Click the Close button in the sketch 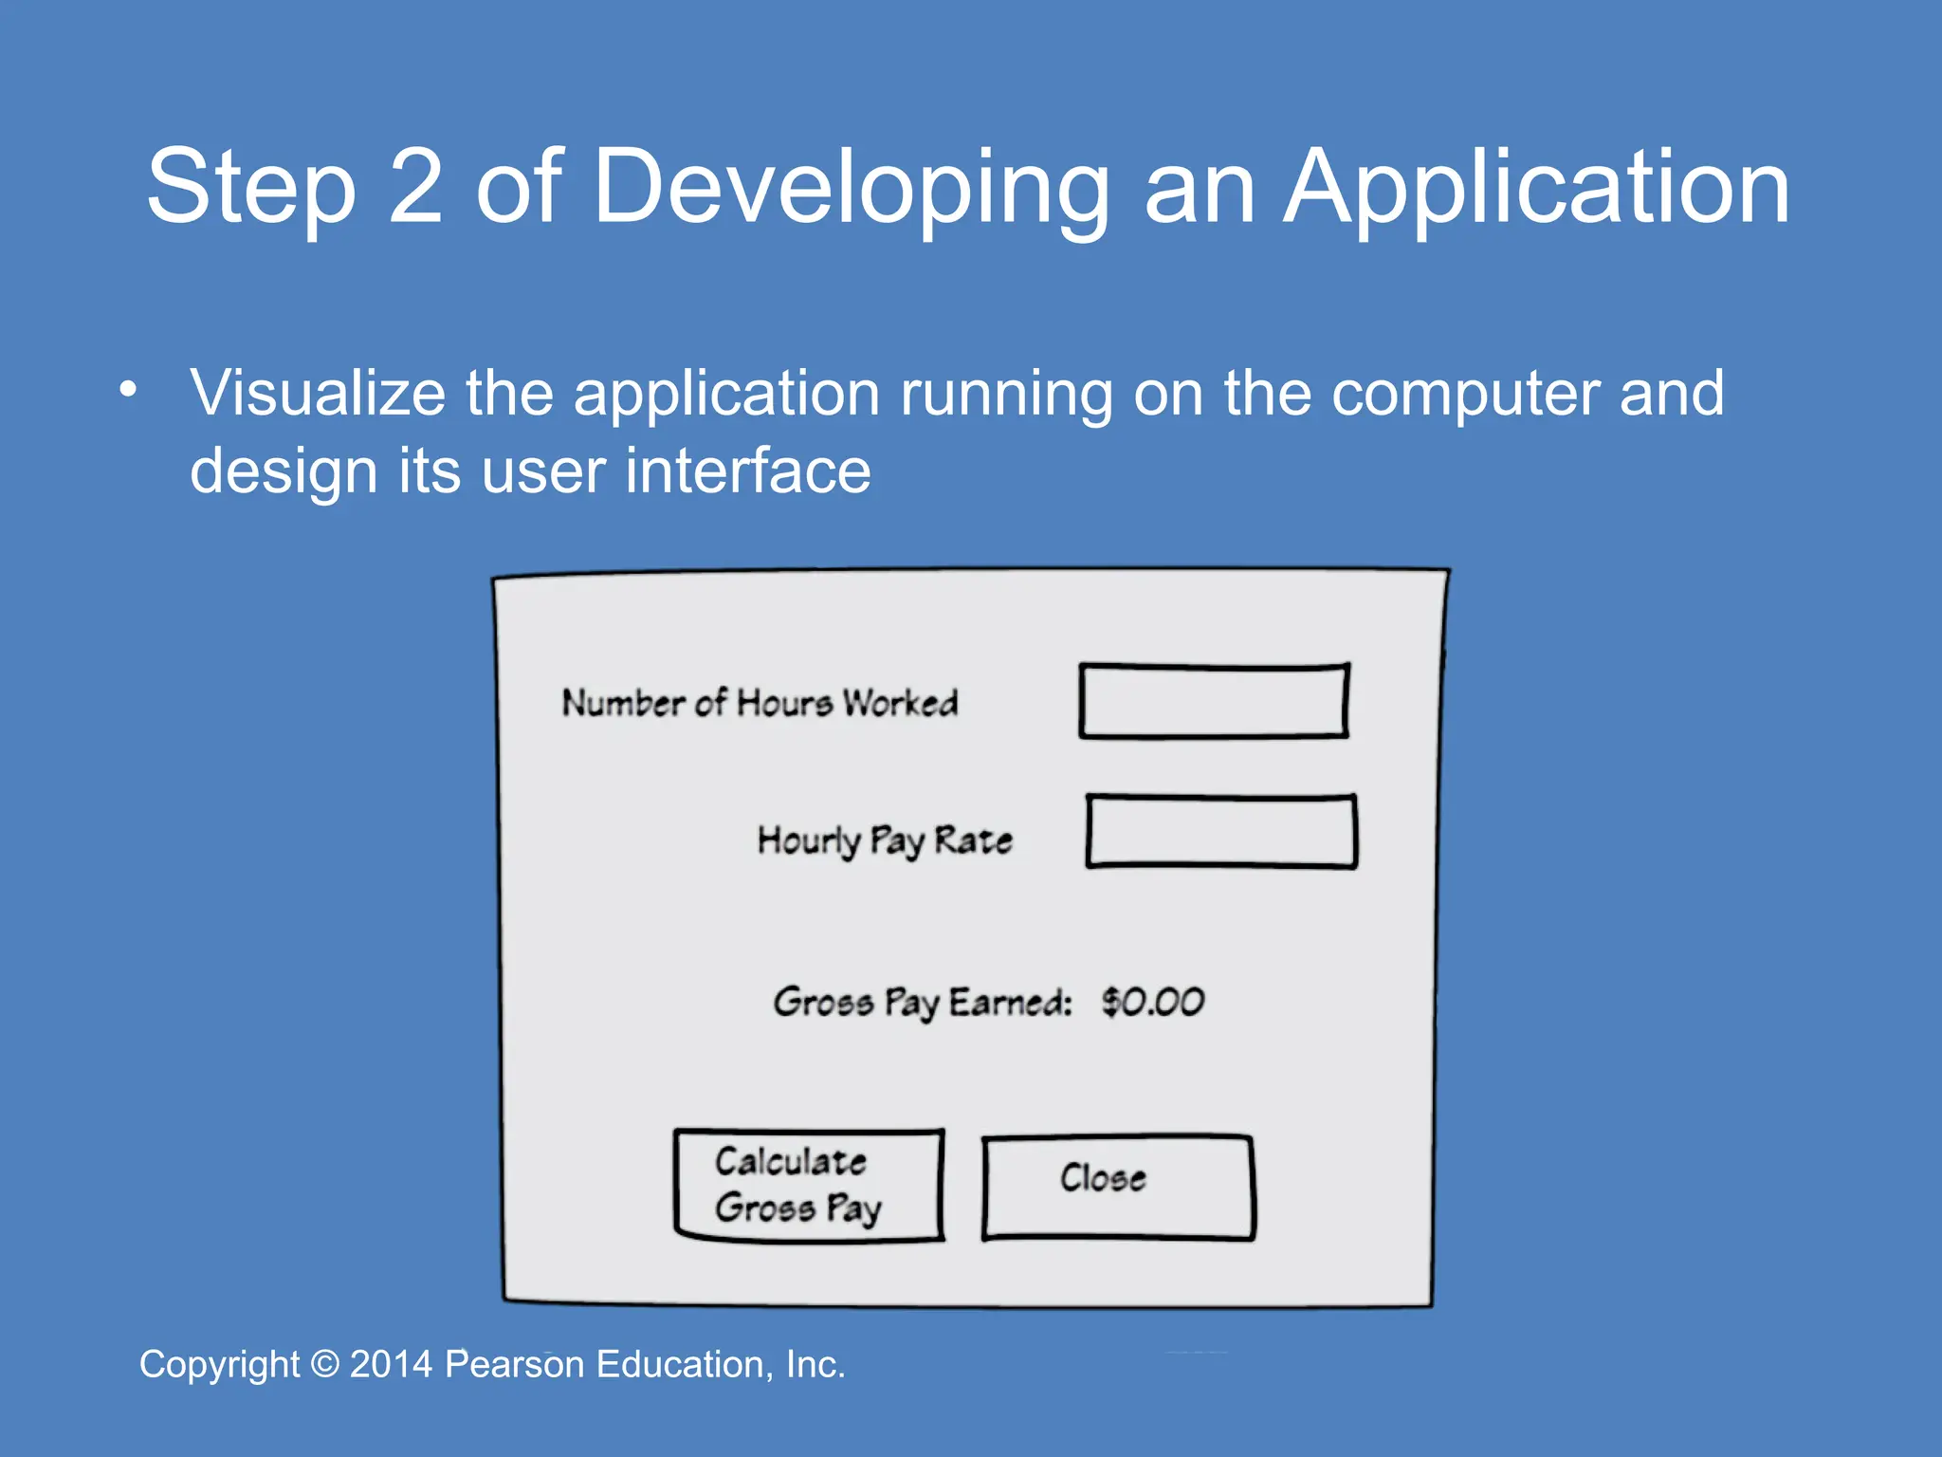[1118, 1187]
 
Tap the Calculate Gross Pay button [809, 1185]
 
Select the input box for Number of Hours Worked [1214, 701]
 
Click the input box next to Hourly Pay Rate [1221, 832]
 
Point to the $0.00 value [1152, 1002]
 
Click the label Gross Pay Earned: [922, 1003]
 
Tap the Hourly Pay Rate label [884, 840]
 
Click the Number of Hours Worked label [760, 703]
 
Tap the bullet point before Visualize [128, 389]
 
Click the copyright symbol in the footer [324, 1364]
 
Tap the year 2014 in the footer [391, 1364]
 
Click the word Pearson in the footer [514, 1364]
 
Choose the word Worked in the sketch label [900, 703]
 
